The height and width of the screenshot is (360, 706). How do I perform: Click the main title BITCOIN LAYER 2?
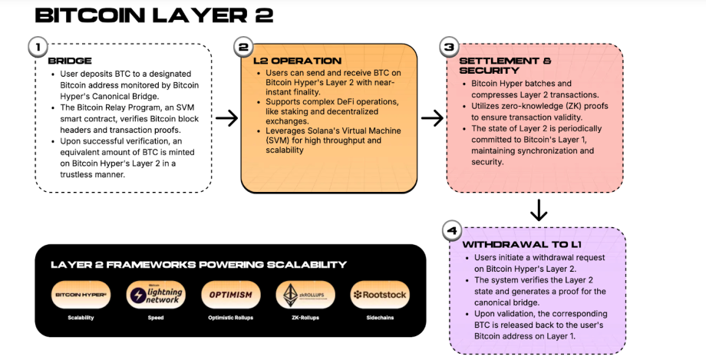154,15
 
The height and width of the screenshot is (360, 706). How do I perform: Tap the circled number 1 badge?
35,48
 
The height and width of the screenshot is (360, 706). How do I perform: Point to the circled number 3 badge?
448,48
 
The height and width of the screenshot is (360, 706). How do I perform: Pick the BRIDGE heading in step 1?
70,61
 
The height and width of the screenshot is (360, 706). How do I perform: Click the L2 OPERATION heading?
297,61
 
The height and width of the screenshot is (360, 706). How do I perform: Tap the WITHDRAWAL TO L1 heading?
510,243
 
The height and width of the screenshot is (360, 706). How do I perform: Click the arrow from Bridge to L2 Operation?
226,118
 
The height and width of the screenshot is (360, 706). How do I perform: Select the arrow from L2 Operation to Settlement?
433,118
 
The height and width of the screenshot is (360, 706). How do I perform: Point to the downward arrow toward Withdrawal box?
539,210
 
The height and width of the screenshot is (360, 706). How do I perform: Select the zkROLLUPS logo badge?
305,295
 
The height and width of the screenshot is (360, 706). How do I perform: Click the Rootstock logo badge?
379,295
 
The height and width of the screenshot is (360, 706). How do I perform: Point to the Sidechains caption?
379,317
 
